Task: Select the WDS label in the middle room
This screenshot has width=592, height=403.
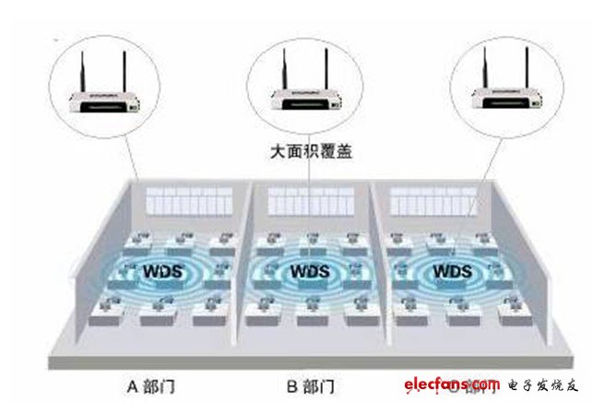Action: [x=304, y=273]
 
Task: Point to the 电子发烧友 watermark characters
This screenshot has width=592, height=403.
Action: [x=541, y=384]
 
